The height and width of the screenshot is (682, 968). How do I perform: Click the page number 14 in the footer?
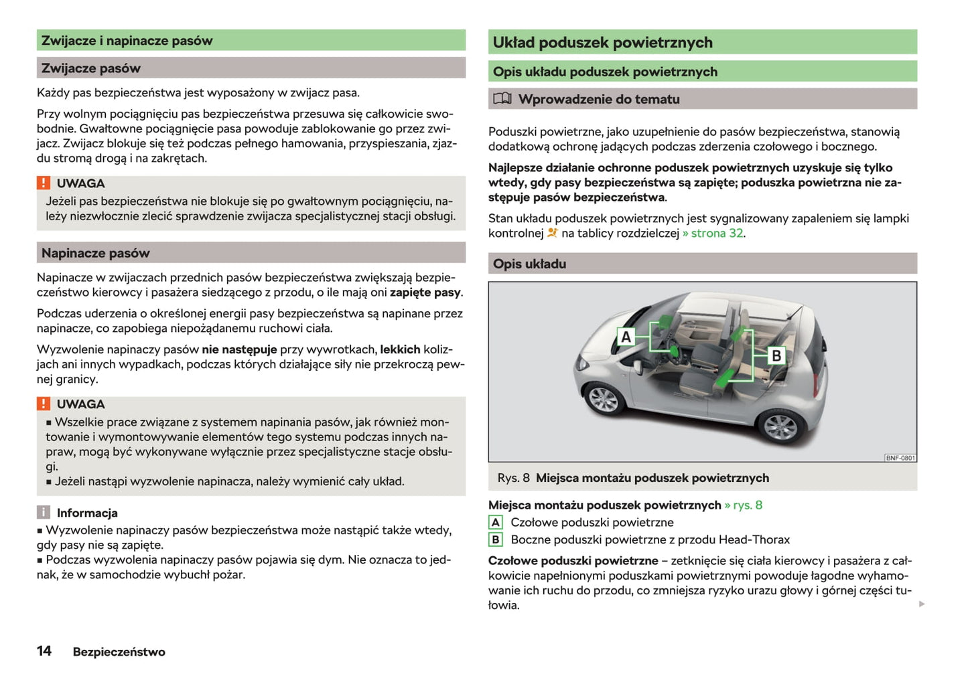tap(44, 651)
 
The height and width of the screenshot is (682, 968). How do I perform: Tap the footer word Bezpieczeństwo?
tap(119, 652)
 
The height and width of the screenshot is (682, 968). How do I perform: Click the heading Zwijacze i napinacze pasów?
tap(127, 41)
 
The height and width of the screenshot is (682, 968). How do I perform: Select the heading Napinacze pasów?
tap(96, 253)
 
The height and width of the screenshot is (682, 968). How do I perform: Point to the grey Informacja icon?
tap(44, 513)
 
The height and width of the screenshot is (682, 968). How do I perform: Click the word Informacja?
tap(87, 513)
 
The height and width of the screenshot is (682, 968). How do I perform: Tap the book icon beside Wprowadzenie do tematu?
tap(502, 99)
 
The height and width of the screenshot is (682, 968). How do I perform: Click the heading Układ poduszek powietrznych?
tap(602, 43)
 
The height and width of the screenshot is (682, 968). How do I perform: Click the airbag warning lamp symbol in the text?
tap(553, 233)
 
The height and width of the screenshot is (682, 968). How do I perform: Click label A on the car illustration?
tap(626, 337)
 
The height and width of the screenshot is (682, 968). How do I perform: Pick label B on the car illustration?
tap(776, 355)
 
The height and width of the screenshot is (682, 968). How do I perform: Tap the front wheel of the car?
tap(603, 400)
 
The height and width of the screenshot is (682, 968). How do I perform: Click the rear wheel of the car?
tap(780, 426)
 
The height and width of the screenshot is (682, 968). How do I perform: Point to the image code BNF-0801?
tap(900, 458)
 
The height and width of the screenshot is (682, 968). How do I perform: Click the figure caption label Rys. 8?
tap(513, 478)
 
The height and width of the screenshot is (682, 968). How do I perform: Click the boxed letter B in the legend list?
tap(496, 539)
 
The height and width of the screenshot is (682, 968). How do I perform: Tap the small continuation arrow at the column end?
tap(922, 604)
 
